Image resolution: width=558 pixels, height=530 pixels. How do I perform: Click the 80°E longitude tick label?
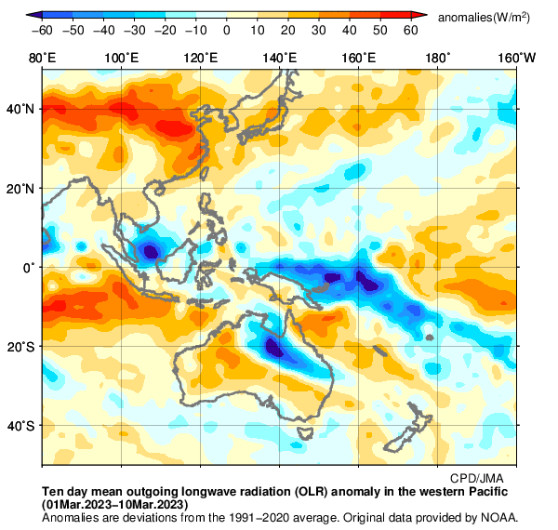pyautogui.click(x=42, y=59)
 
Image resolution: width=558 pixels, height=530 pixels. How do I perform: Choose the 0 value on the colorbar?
pyautogui.click(x=227, y=31)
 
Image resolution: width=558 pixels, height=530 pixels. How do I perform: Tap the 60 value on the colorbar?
pyautogui.click(x=410, y=31)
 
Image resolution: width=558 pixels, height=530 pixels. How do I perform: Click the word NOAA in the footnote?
pyautogui.click(x=498, y=517)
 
